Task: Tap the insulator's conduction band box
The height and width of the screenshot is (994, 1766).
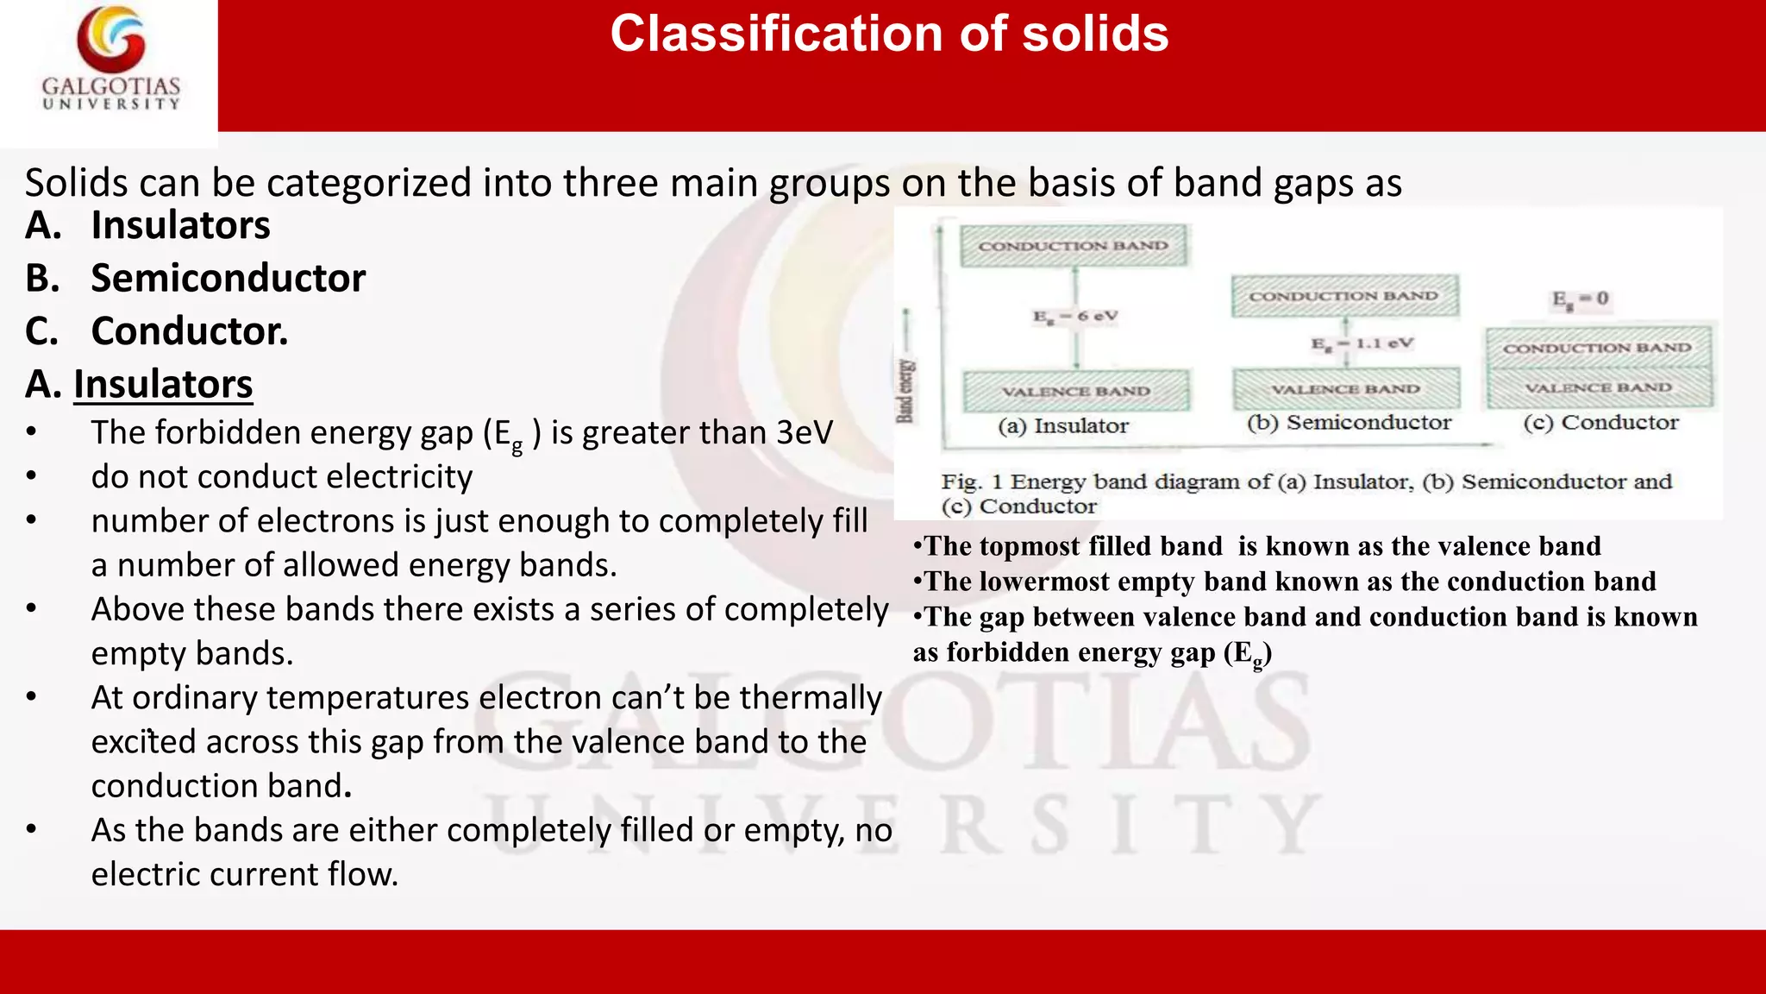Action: coord(1074,246)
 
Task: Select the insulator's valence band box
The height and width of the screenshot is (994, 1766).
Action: coord(1076,391)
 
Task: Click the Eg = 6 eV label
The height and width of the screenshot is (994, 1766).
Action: coord(1075,317)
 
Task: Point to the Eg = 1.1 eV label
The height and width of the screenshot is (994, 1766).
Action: coord(1362,343)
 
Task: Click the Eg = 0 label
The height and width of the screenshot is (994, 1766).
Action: coord(1580,299)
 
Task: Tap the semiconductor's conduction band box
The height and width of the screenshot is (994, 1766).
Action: coord(1344,296)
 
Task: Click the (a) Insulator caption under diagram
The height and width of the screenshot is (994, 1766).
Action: coord(1063,425)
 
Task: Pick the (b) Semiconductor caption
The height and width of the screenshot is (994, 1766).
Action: coord(1349,423)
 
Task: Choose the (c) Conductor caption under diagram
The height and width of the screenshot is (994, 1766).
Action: coord(1600,423)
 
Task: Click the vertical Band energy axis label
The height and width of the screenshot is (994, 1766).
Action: coord(905,391)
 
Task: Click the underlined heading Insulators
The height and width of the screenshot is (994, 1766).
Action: coord(163,384)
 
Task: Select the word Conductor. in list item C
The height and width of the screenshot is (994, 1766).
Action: coord(190,331)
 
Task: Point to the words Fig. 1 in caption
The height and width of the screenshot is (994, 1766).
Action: coord(971,481)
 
